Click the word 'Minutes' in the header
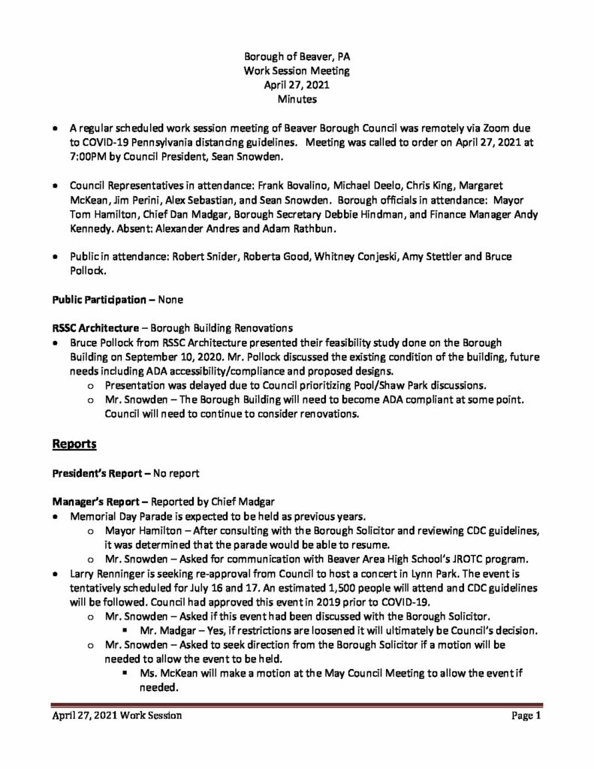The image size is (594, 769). pos(297,98)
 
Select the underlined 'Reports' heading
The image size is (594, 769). pos(74,445)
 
